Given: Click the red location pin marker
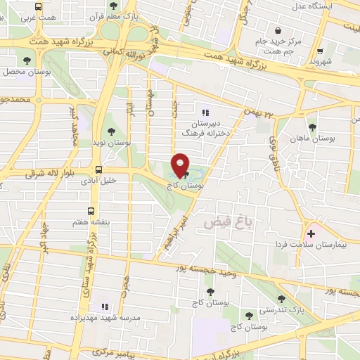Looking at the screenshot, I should pos(181,166).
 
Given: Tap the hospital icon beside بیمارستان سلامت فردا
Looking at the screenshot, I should pos(310,233).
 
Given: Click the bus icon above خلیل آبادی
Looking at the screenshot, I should pos(98,169).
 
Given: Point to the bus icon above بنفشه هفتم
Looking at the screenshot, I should pos(91,211).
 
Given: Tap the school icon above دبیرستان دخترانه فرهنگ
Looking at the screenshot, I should pos(205,112).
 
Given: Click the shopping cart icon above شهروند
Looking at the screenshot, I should pos(321,51).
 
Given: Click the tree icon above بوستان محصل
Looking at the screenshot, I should pos(27,61).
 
